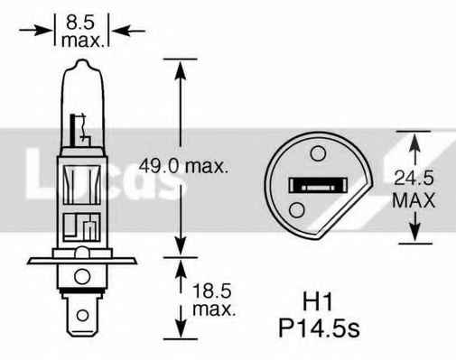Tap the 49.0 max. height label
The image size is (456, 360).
click(185, 166)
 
